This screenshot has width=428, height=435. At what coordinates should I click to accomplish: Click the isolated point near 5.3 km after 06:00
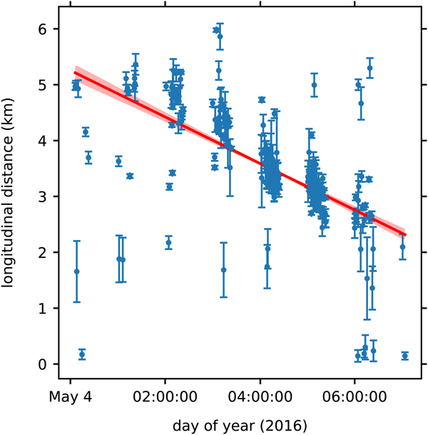click(x=370, y=68)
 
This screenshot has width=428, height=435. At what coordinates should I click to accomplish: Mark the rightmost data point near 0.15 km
click(x=405, y=356)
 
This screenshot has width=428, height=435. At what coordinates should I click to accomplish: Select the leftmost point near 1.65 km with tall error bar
click(x=76, y=271)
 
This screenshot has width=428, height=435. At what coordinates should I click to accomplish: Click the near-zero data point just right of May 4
click(x=81, y=354)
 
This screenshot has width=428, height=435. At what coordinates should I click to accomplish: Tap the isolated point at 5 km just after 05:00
click(x=314, y=85)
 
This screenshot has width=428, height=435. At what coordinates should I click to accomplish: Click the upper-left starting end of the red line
click(x=75, y=72)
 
